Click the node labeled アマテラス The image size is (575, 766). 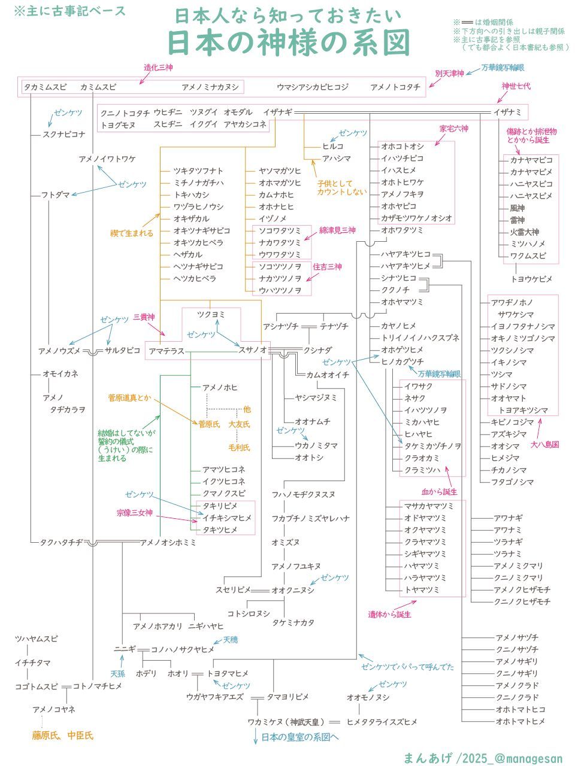[167, 351]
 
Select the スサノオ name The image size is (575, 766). [253, 350]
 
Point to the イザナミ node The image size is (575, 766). [507, 112]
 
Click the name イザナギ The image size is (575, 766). [277, 112]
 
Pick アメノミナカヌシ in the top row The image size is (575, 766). [210, 87]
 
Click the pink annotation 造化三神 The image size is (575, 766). [158, 68]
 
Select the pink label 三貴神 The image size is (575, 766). [144, 317]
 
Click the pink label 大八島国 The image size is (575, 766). [544, 445]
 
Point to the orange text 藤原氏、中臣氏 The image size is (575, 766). [63, 735]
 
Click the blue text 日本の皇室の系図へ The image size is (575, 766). [300, 737]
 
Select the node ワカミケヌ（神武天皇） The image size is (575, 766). [286, 722]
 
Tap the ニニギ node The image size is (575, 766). [125, 649]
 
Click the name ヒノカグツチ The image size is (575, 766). [402, 361]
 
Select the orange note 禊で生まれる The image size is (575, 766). [132, 233]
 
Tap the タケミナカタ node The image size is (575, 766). [293, 622]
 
